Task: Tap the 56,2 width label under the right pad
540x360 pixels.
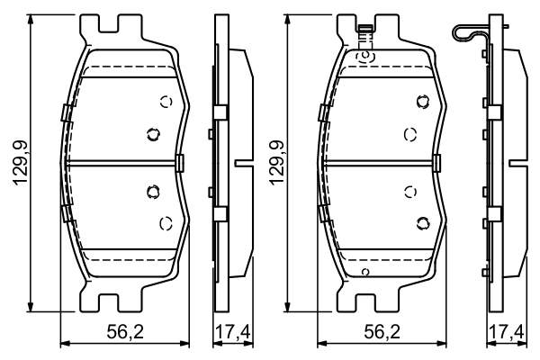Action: click(382, 330)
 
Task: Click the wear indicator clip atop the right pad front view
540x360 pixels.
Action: click(364, 33)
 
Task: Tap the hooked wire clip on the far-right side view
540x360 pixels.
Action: click(469, 32)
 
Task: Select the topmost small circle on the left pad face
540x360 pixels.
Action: click(165, 101)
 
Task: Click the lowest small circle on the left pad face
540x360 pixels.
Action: click(165, 222)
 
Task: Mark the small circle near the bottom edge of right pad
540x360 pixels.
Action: click(364, 271)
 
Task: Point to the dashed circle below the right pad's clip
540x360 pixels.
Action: click(365, 56)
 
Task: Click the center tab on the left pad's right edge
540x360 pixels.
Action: click(179, 163)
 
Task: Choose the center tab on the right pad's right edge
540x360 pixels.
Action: click(436, 163)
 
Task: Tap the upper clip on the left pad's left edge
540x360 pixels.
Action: click(64, 112)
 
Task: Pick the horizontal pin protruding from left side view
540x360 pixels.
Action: click(243, 163)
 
